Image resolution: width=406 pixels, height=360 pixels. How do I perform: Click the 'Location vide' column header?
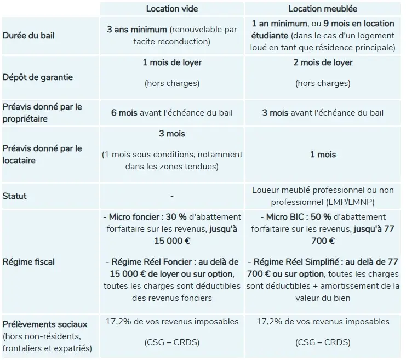coord(172,9)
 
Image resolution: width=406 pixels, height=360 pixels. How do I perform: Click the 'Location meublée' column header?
coord(323,9)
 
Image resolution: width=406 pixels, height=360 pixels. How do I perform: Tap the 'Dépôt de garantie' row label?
coord(38,77)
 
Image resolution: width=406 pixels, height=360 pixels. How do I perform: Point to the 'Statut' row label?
coord(15,196)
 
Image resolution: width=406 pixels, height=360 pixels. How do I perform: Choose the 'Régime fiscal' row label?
coord(28,262)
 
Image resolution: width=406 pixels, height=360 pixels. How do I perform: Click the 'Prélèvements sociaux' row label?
coord(45,324)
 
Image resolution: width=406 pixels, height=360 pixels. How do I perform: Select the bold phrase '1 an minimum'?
coord(279,24)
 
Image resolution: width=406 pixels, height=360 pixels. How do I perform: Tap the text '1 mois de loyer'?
coord(172,62)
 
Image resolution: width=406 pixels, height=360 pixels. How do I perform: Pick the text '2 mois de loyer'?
coord(323,62)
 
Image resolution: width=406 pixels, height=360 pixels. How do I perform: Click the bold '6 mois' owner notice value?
coord(124,113)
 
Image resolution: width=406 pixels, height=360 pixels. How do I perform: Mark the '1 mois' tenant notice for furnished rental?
coord(323,155)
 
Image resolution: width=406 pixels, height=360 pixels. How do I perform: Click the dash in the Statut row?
coord(172,196)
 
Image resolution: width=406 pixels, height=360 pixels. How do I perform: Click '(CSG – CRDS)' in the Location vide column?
coord(172,342)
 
